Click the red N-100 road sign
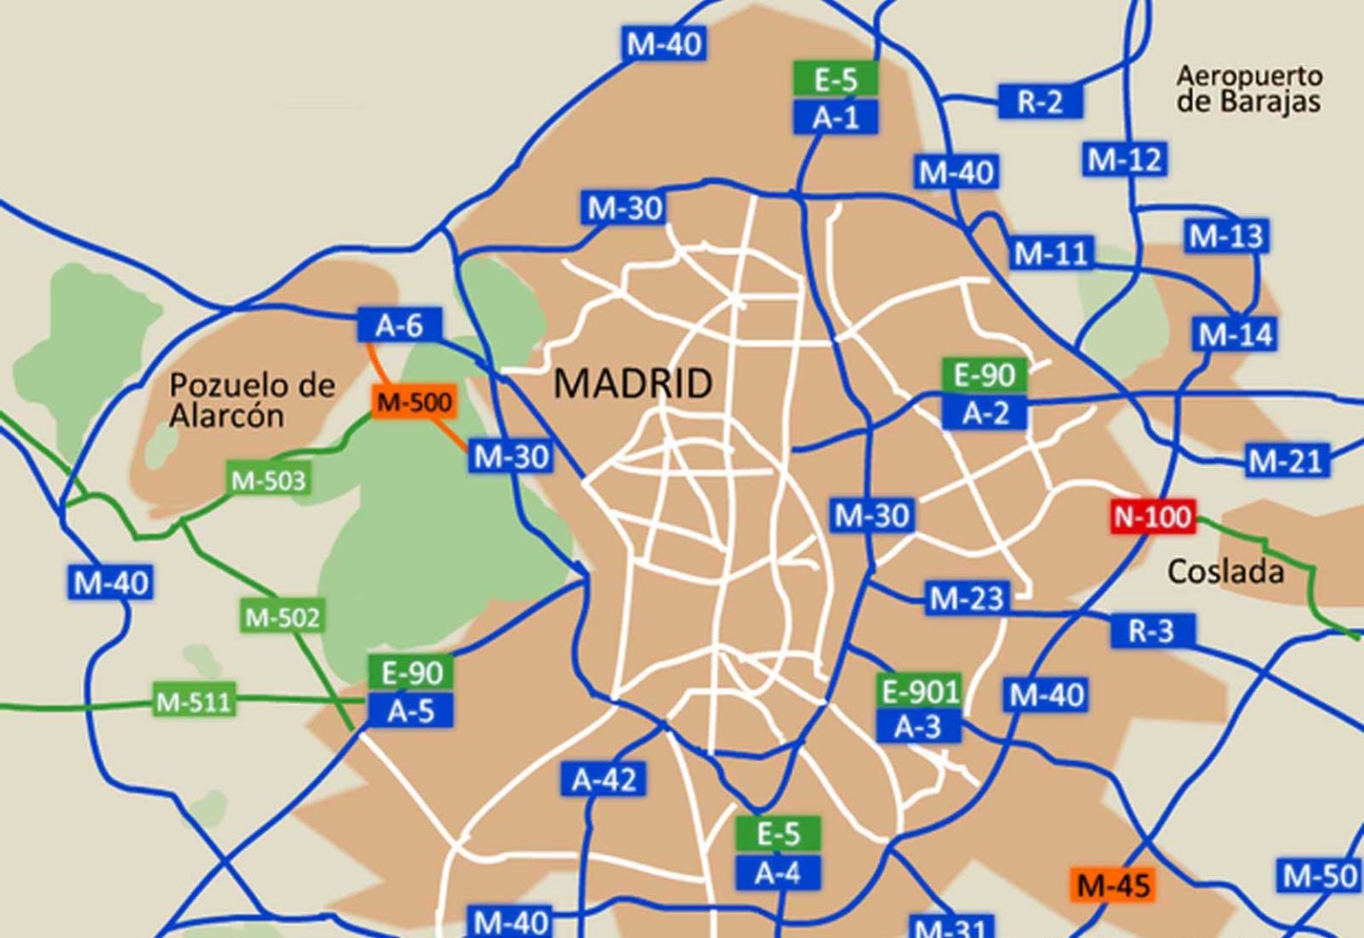1153,516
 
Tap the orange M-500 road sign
414,402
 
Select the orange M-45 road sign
1113,885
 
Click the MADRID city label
632,384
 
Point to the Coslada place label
1225,571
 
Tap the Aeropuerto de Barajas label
1249,88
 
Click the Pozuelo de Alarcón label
252,400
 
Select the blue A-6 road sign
399,326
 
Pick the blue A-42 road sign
604,780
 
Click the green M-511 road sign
194,702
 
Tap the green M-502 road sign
282,616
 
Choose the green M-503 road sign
267,481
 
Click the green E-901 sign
920,690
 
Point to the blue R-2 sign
1040,101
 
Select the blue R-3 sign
1151,631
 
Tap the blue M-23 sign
966,599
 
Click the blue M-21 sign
1286,461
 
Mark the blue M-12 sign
1124,160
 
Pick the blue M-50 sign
1320,876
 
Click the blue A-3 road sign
917,727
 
